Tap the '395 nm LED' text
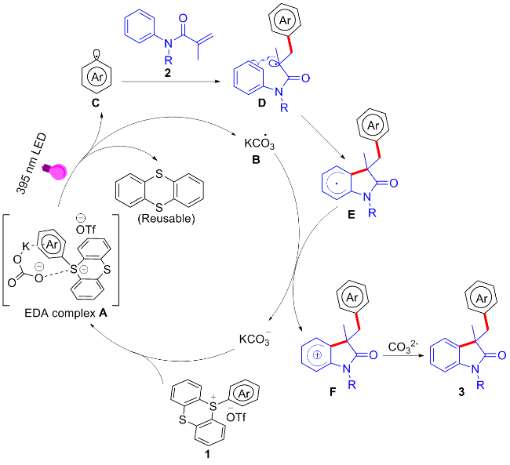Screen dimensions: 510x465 pyautogui.click(x=31, y=164)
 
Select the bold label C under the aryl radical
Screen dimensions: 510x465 pyautogui.click(x=95, y=104)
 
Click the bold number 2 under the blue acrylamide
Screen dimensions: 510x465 pyautogui.click(x=167, y=73)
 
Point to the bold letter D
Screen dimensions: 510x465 pyautogui.click(x=261, y=103)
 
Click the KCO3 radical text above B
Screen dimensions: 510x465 pyautogui.click(x=259, y=142)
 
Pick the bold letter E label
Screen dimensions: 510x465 pyautogui.click(x=352, y=215)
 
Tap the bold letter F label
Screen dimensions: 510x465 pyautogui.click(x=333, y=392)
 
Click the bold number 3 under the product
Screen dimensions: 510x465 pyautogui.click(x=461, y=392)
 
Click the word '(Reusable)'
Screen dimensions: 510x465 pyautogui.click(x=166, y=219)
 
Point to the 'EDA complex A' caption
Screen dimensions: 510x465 pyautogui.click(x=66, y=313)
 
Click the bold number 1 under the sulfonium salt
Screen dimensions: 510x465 pyautogui.click(x=207, y=454)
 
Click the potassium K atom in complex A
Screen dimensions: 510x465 pyautogui.click(x=26, y=247)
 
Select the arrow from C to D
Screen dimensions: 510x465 pyautogui.click(x=169, y=82)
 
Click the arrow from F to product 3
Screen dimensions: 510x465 pyautogui.click(x=403, y=355)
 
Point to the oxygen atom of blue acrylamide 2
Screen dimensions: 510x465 pyautogui.click(x=183, y=18)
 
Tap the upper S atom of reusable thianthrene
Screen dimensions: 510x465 pyautogui.click(x=158, y=174)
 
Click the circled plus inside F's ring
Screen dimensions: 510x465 pyautogui.click(x=318, y=354)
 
